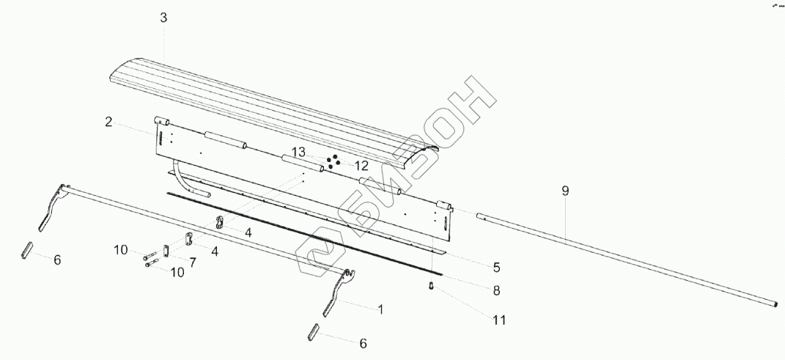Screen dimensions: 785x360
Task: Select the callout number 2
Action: click(109, 122)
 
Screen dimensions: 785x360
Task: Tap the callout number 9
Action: click(565, 191)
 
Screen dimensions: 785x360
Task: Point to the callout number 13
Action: click(298, 152)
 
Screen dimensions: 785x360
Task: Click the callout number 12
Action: click(361, 166)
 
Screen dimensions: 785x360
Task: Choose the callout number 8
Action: click(496, 290)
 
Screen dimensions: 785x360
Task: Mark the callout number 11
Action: click(499, 320)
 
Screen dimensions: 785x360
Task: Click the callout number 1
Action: click(380, 309)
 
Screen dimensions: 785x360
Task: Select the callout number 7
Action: click(192, 262)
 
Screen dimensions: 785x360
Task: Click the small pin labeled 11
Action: click(432, 285)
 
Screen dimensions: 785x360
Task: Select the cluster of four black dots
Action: click(333, 161)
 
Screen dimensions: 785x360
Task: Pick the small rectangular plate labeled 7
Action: click(166, 251)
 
